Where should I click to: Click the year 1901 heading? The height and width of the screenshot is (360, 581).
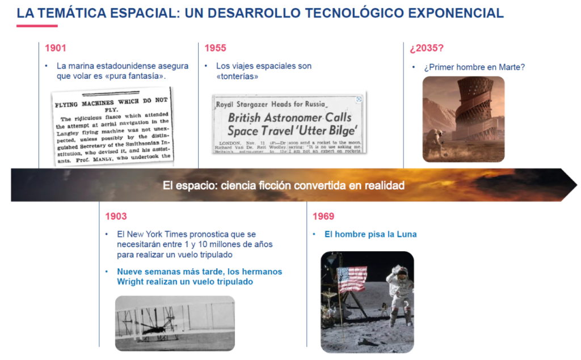tap(56, 48)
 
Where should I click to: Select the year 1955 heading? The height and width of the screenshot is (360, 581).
tap(215, 48)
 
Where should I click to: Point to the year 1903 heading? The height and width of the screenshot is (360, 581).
tap(116, 216)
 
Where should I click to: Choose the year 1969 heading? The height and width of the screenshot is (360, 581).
tap(323, 216)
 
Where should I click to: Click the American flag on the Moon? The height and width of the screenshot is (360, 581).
tap(352, 279)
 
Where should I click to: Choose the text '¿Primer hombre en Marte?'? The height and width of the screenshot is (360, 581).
tap(474, 67)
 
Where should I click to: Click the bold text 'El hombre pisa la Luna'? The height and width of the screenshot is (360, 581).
tap(371, 234)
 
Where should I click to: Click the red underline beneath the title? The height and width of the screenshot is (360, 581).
tap(37, 26)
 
